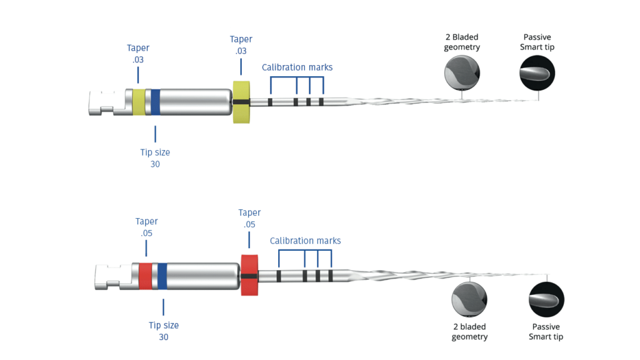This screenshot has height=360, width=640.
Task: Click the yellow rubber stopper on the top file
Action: coord(241,101)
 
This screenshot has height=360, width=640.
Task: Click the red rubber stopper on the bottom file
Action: coord(249,275)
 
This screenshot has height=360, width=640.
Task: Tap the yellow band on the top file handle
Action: coord(138,102)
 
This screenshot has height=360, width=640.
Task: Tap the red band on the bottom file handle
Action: coord(146,276)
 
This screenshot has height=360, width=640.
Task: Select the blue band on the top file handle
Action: coord(155,102)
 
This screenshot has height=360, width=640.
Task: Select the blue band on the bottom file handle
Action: coord(162,276)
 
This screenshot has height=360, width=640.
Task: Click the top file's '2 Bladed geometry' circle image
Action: coord(462,74)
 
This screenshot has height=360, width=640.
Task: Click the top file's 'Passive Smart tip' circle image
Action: coord(537,74)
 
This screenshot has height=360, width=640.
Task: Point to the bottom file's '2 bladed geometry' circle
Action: coord(469,299)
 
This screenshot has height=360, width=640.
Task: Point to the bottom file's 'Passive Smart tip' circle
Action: coord(546,299)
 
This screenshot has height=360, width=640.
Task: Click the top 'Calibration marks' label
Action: coord(297,67)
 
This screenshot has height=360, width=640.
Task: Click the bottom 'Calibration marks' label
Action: coord(305,241)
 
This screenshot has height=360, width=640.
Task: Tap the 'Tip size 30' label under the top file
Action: coord(155,158)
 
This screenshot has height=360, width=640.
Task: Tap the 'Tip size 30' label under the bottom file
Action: coord(164,331)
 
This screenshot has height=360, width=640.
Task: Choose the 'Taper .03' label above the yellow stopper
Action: coord(241,45)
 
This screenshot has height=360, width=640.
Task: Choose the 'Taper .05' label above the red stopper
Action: coord(249,218)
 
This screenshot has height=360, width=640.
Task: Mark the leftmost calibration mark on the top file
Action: coord(271,101)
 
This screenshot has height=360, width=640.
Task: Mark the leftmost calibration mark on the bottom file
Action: coord(279,275)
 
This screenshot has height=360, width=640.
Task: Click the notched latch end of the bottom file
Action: coord(107,276)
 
